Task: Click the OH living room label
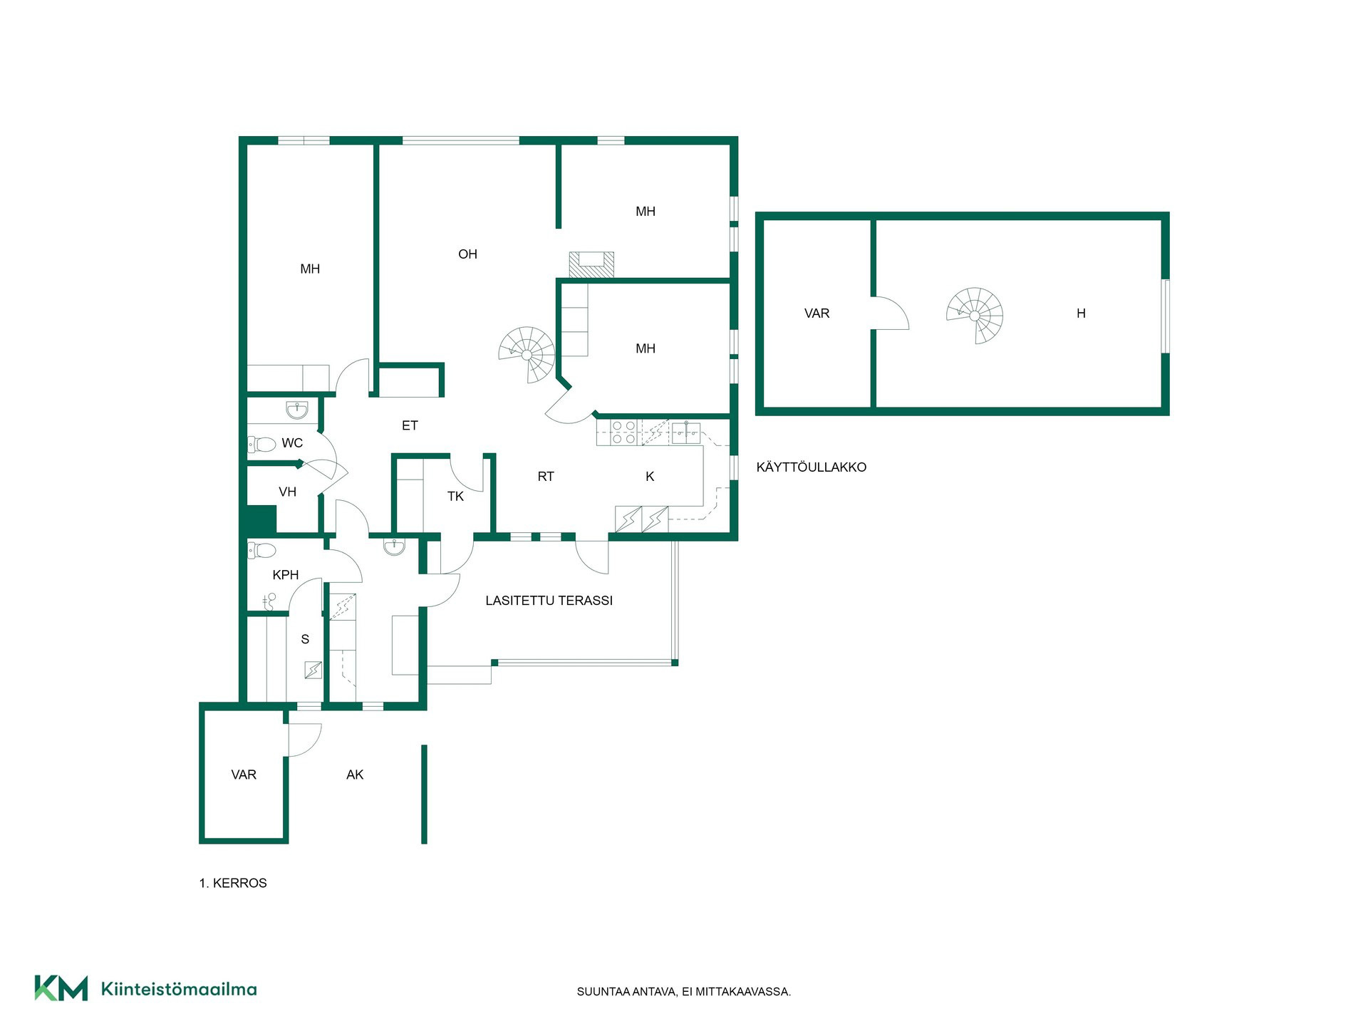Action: (467, 254)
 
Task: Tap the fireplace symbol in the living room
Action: (591, 264)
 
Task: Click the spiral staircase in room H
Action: (975, 316)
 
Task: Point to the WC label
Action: (292, 443)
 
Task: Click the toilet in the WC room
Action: (261, 445)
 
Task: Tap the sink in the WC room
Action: (297, 410)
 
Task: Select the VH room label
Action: (287, 492)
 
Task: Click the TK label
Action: (455, 497)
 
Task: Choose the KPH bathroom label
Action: (286, 575)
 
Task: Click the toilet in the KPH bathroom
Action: (261, 550)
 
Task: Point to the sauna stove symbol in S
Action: (313, 670)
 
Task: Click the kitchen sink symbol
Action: (685, 433)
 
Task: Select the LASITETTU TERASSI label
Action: (549, 601)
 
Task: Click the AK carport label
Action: (355, 775)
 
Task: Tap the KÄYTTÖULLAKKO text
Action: (812, 467)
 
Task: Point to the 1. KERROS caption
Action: (233, 883)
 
